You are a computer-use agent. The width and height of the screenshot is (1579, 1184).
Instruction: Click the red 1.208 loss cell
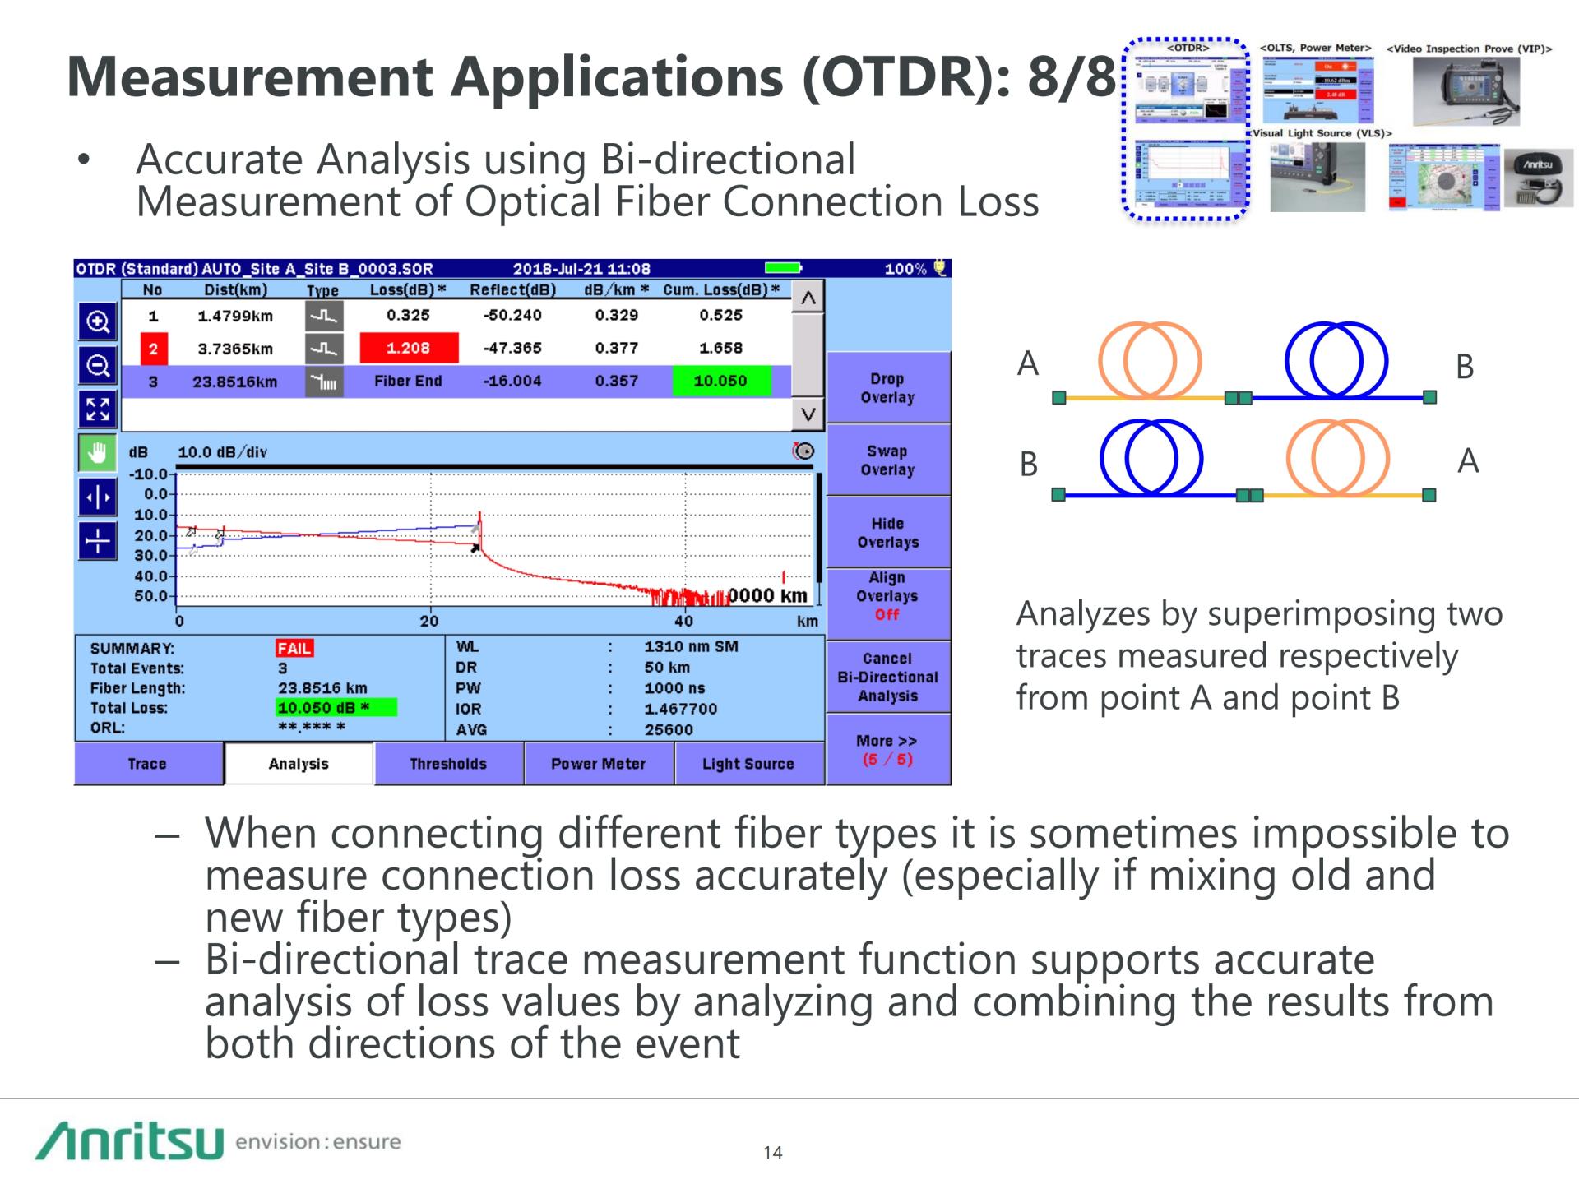tap(409, 348)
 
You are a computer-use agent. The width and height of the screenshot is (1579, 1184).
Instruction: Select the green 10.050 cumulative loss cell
tap(721, 381)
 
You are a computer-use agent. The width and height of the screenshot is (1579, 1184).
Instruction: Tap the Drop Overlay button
tap(887, 388)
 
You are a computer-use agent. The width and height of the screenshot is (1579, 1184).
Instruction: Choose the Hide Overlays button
tap(887, 533)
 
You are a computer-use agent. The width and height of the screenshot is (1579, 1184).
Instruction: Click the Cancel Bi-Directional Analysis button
tap(887, 677)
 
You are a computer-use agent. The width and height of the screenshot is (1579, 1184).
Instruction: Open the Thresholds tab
tap(448, 764)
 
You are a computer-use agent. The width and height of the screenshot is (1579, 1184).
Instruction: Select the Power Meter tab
tap(598, 764)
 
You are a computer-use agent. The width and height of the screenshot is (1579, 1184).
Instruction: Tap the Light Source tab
tap(748, 764)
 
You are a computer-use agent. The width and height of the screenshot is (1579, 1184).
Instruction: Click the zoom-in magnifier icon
tap(98, 321)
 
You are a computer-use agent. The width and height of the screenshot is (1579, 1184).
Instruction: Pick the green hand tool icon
tap(97, 452)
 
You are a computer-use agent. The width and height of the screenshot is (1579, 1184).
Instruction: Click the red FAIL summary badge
tap(294, 649)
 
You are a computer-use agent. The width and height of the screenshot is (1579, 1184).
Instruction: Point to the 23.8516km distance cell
tap(235, 382)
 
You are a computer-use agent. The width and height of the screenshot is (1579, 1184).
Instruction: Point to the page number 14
tap(772, 1153)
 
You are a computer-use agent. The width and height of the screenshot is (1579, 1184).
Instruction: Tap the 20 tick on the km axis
tap(429, 622)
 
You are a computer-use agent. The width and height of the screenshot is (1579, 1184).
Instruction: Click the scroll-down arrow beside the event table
tap(808, 414)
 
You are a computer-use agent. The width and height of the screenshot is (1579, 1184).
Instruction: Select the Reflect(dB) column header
tap(512, 289)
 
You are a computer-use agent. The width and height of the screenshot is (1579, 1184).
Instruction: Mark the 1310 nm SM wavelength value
tap(691, 647)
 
